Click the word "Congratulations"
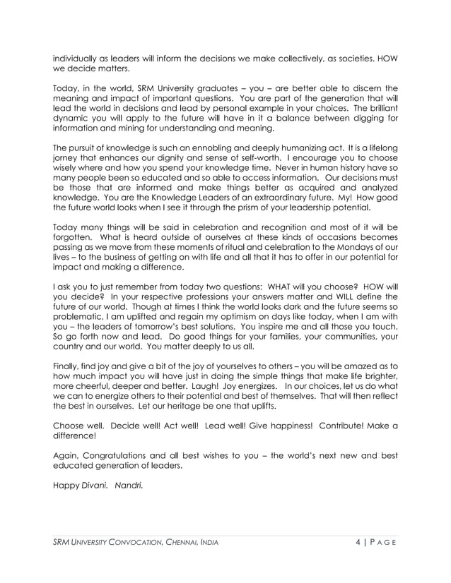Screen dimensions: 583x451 pyautogui.click(x=120, y=456)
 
